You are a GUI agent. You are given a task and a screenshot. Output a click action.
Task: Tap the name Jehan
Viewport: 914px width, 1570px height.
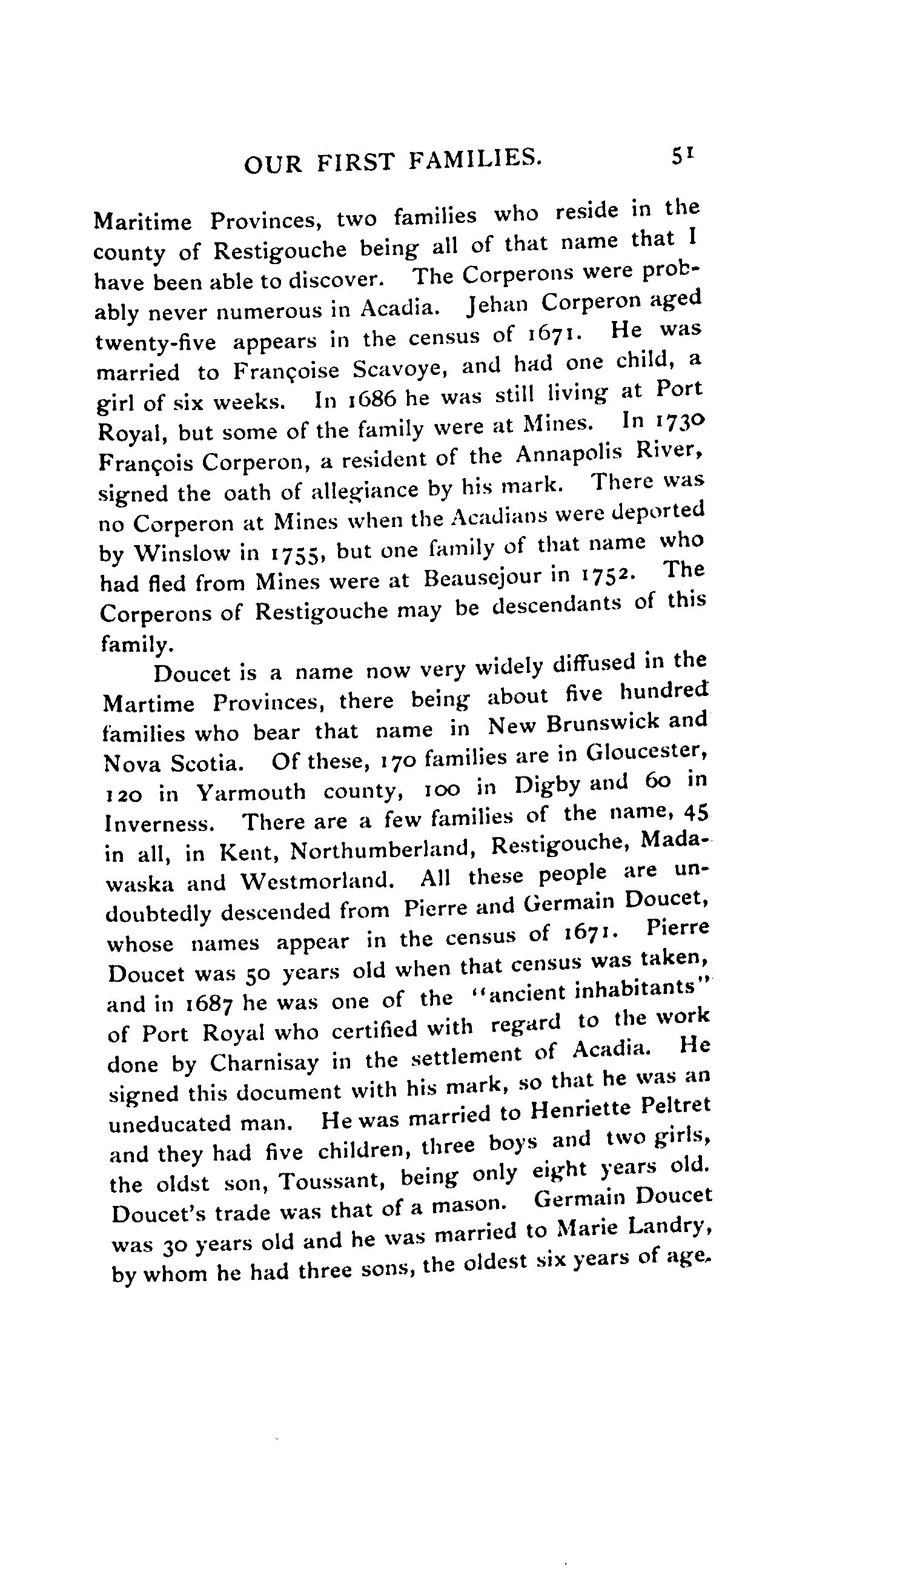click(496, 305)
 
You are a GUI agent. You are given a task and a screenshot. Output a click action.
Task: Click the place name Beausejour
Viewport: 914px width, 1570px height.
click(481, 577)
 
